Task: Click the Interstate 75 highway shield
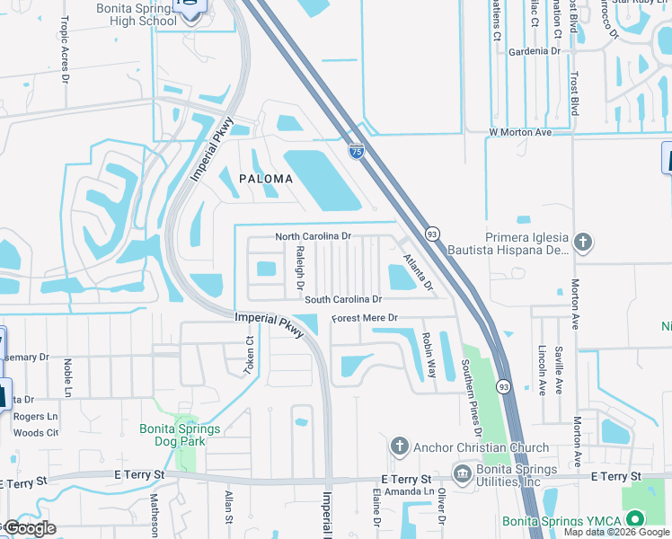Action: (x=357, y=151)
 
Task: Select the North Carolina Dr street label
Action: (x=313, y=236)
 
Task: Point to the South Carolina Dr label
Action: (x=343, y=299)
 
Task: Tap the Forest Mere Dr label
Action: (x=364, y=319)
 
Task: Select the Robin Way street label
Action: (x=429, y=355)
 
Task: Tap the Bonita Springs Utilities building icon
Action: (x=463, y=473)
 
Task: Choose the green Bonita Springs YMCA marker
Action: (x=636, y=519)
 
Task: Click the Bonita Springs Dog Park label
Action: (x=180, y=435)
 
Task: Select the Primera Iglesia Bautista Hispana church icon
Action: (x=583, y=241)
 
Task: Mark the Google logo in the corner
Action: (x=29, y=528)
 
